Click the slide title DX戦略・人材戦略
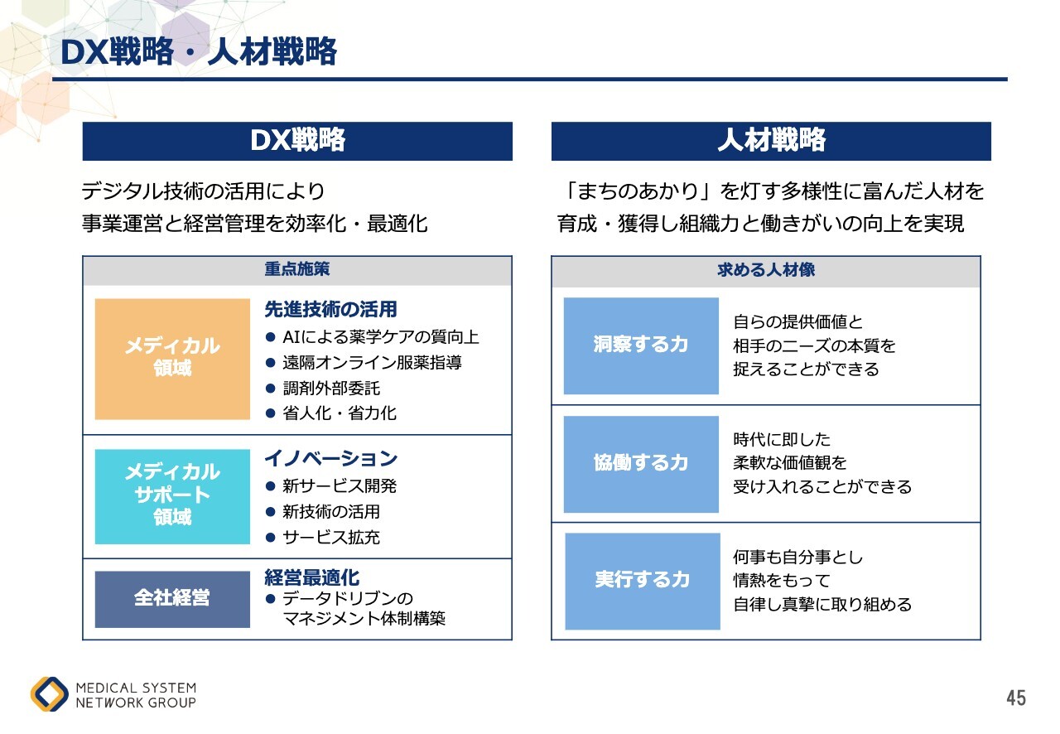(199, 51)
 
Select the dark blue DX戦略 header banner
(297, 141)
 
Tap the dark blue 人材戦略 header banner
(771, 141)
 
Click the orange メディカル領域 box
(172, 359)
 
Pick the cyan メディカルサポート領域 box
(172, 496)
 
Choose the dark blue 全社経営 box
(172, 599)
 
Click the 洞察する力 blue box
(641, 345)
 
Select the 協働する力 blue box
(641, 464)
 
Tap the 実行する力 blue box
(643, 581)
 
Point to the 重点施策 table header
(297, 269)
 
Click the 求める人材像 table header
(766, 270)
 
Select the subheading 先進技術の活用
(330, 309)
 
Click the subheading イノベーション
(330, 458)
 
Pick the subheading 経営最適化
(312, 577)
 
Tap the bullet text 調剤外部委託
(331, 389)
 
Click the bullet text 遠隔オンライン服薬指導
(372, 363)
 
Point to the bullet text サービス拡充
(331, 537)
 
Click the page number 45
(1016, 698)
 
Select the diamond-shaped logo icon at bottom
(50, 693)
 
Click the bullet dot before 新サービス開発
(271, 485)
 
